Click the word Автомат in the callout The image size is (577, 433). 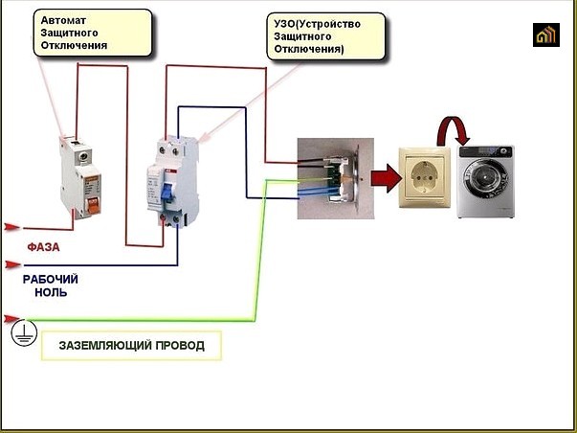pos(63,20)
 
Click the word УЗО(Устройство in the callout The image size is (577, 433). pos(317,24)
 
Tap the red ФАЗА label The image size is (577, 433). pos(43,247)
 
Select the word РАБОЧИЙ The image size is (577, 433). pos(51,279)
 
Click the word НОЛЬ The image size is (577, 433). pos(51,292)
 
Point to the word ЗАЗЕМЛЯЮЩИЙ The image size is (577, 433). pos(105,345)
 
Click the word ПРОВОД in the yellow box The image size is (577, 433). pos(180,345)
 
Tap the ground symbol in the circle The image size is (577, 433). pos(24,332)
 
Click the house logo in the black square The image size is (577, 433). pos(546,35)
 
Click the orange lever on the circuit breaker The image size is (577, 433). pos(93,206)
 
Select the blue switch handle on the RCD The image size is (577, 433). pos(167,192)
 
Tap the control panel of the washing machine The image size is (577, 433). pos(485,151)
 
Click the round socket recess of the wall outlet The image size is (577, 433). pos(424,177)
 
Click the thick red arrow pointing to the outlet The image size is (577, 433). pos(386,178)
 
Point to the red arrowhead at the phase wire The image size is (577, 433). pos(11,227)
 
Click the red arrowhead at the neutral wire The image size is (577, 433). pos(12,264)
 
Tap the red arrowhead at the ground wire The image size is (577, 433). pos(11,318)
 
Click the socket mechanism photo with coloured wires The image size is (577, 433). pos(336,178)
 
